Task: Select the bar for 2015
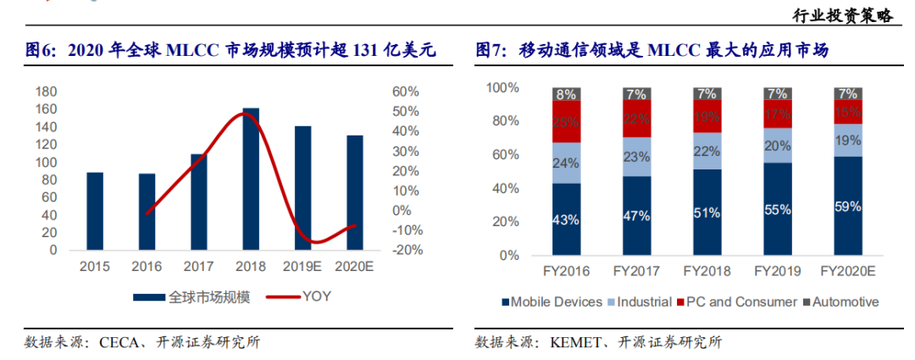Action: [95, 211]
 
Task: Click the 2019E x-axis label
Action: [302, 268]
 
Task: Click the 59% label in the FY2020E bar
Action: [847, 206]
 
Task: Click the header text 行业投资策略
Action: [842, 16]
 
